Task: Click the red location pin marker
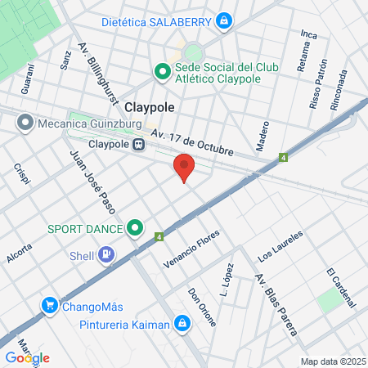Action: [184, 166]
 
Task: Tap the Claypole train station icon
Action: [139, 145]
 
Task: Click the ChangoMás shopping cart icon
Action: [50, 307]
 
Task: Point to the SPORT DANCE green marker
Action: [136, 228]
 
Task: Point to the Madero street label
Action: [263, 136]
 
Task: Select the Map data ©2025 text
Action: [333, 361]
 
